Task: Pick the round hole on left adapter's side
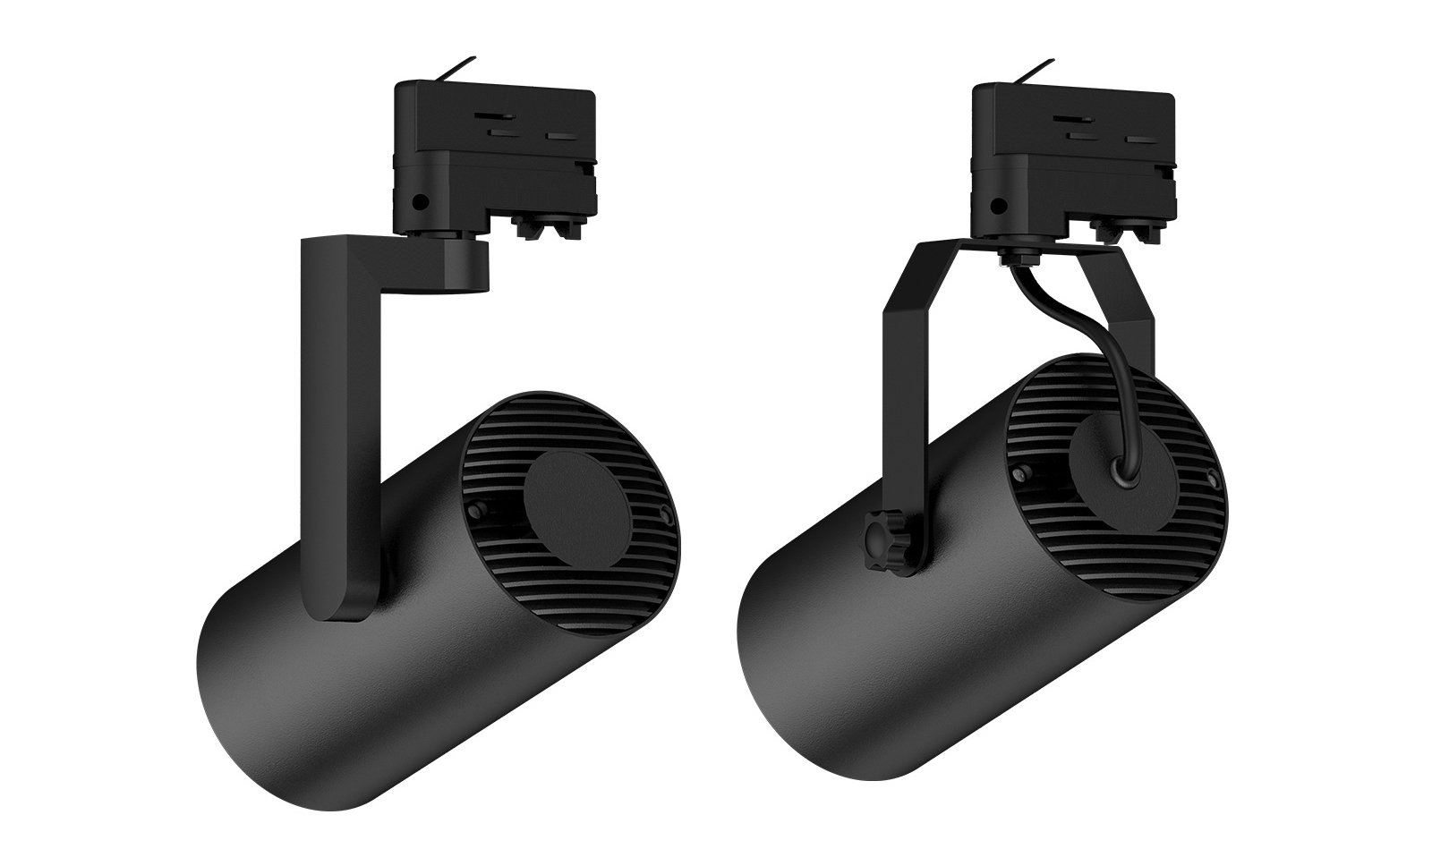[418, 203]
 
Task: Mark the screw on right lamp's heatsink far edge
[1212, 474]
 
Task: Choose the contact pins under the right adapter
[1122, 229]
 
